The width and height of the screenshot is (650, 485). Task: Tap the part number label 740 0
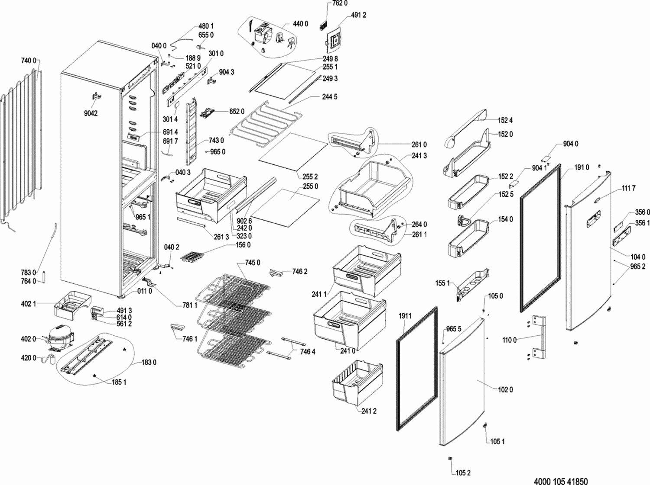tap(29, 61)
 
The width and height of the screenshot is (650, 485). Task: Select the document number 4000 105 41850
tap(561, 481)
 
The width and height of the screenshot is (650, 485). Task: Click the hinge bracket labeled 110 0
tap(539, 337)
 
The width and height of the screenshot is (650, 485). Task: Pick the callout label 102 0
tap(505, 390)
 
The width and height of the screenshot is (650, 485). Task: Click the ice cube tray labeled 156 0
tap(191, 257)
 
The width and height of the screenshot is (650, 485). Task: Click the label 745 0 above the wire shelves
tap(253, 263)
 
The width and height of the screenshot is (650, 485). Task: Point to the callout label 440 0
tap(300, 24)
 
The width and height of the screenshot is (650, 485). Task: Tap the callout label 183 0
tap(149, 363)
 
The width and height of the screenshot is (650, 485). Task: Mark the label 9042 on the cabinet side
tap(91, 114)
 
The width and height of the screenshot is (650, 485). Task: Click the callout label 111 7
tap(628, 188)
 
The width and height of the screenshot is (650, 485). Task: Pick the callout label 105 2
tap(463, 473)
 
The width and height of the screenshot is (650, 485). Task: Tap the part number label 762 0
tap(340, 3)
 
